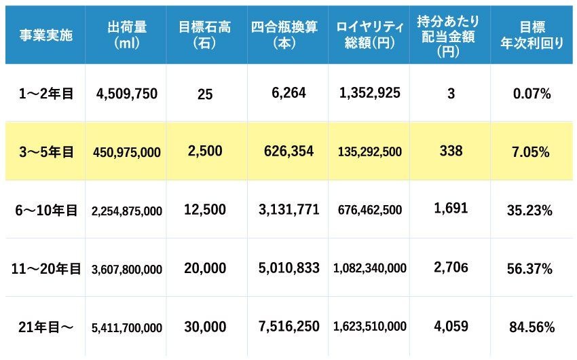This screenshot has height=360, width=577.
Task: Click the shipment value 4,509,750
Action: coord(127,93)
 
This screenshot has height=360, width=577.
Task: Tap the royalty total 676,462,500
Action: coord(370,210)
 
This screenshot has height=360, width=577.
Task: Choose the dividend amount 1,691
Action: coord(451,209)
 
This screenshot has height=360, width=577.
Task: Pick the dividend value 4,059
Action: coord(451,326)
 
